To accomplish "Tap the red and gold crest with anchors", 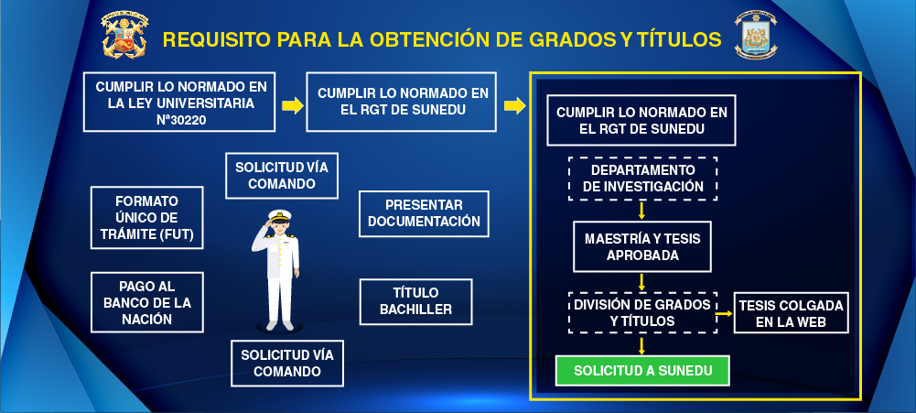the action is [x=125, y=35].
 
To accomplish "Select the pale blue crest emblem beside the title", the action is [x=756, y=35].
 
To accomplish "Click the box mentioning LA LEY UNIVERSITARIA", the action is [x=179, y=102].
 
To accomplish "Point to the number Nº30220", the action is [x=181, y=120].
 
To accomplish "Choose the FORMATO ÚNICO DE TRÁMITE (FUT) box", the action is [x=147, y=218].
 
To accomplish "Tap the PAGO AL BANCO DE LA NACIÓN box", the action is [x=147, y=302].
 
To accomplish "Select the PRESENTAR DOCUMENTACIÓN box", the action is [x=424, y=213].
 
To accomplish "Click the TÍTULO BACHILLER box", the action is [x=416, y=302].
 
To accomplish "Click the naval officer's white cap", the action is [x=279, y=215].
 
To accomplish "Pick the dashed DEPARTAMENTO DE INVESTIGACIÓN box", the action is [x=642, y=179].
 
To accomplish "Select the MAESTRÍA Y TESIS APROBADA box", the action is [x=642, y=247].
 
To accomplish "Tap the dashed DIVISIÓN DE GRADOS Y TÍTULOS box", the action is [x=642, y=313].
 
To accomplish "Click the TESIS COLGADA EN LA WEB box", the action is [x=791, y=313].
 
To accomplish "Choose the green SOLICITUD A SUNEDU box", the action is [x=642, y=371].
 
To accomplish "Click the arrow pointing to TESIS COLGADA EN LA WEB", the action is [x=725, y=313].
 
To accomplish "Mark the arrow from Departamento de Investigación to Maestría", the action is [x=641, y=211].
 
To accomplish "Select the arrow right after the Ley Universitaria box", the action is [x=293, y=106].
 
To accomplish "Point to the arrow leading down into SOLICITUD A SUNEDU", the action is [x=641, y=345].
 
